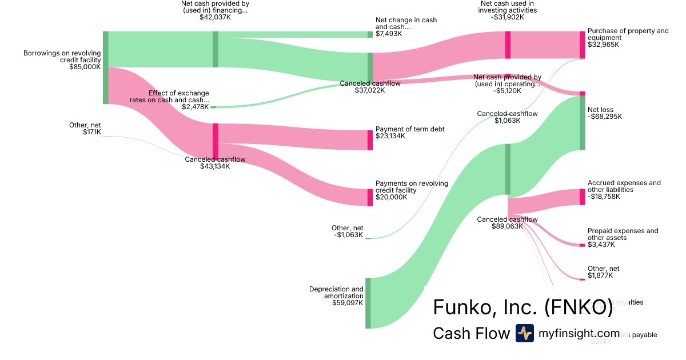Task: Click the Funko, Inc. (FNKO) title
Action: [523, 307]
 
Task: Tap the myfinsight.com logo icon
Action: [524, 333]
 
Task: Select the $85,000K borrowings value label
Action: [85, 67]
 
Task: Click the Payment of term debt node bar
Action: [370, 140]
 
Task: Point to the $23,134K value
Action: [390, 136]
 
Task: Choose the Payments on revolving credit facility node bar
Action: [370, 197]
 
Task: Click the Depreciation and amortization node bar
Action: [368, 303]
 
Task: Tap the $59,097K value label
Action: [348, 303]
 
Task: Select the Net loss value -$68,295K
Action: [605, 117]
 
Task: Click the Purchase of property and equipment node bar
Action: [583, 45]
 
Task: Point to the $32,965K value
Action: [603, 45]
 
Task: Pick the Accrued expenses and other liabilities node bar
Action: [583, 197]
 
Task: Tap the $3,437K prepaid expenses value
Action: [601, 245]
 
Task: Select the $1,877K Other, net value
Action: [600, 275]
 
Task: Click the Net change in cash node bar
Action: [370, 34]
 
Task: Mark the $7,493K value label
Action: [389, 34]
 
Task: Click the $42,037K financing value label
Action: [215, 17]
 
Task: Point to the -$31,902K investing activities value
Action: [508, 17]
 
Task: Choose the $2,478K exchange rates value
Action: [195, 107]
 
